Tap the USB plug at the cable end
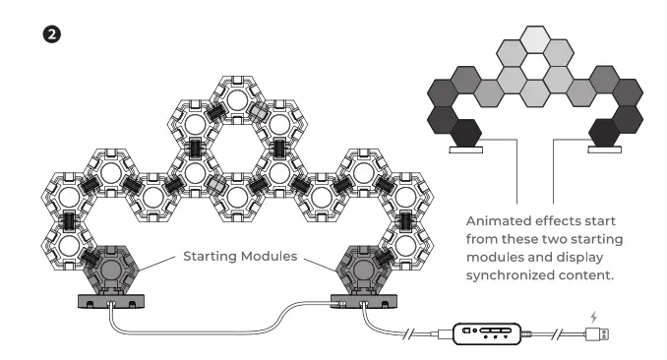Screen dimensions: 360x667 pyautogui.click(x=598, y=334)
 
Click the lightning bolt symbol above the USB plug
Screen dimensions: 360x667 pyautogui.click(x=595, y=316)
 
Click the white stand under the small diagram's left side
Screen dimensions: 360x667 pyautogui.click(x=465, y=151)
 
